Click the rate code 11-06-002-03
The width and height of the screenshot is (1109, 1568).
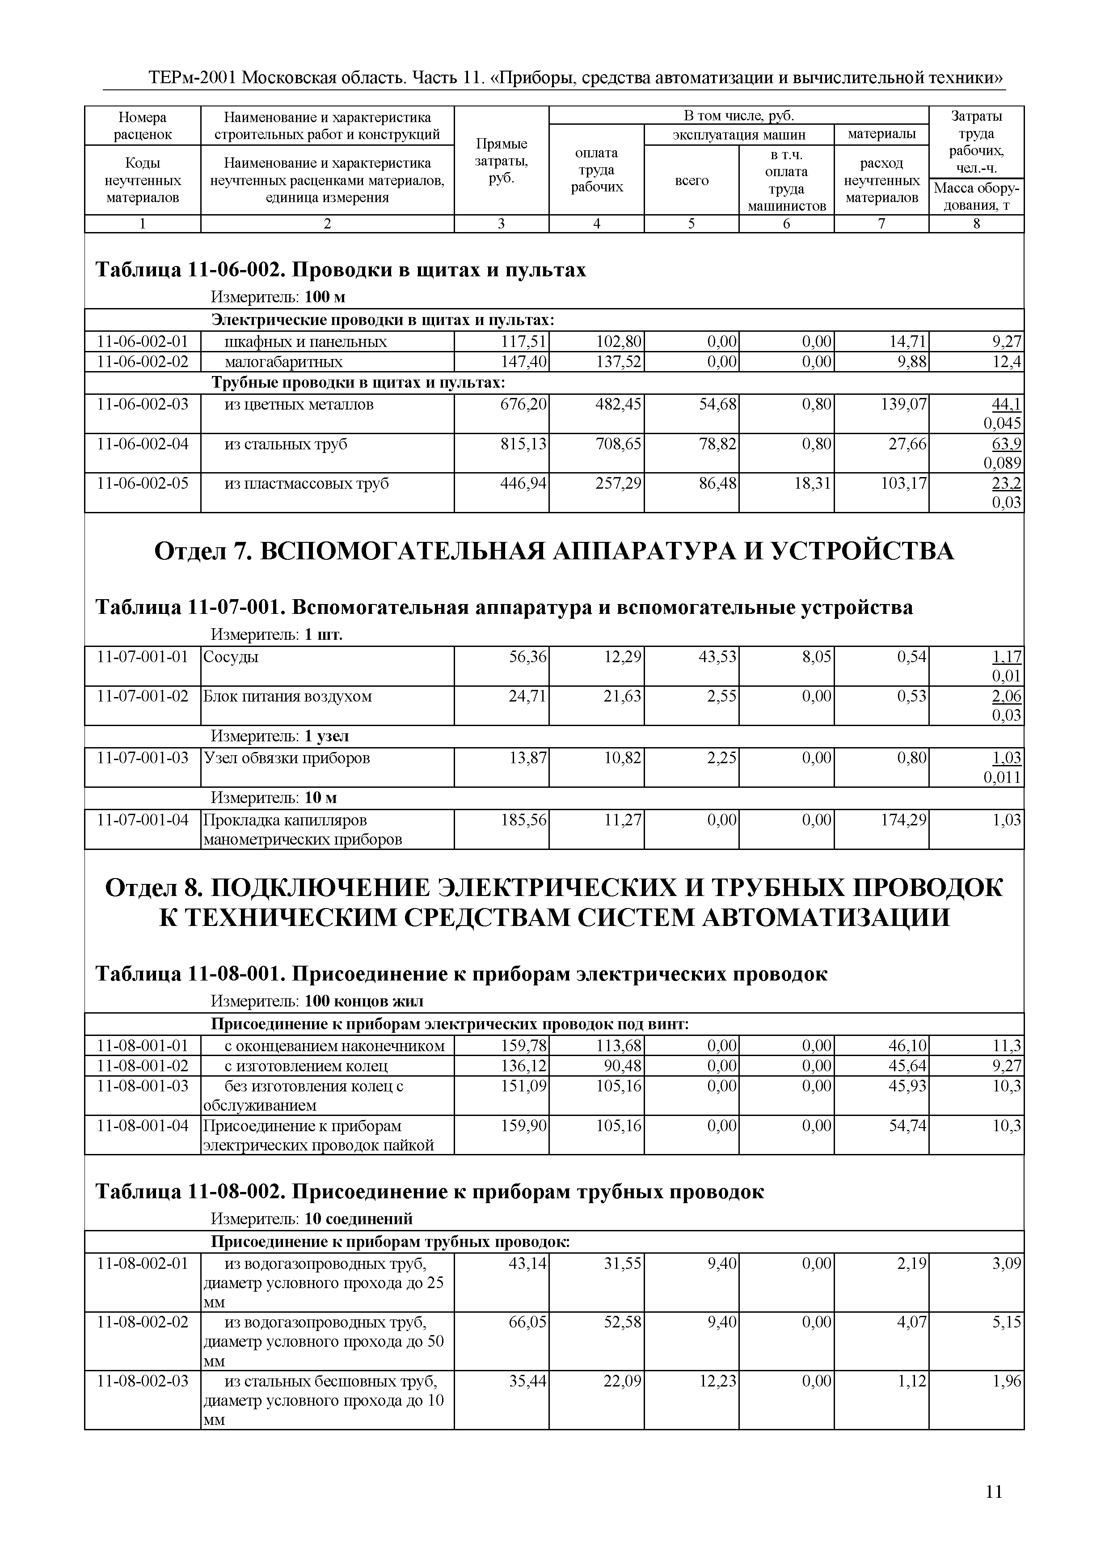click(x=143, y=404)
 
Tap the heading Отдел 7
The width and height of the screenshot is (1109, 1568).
click(x=554, y=550)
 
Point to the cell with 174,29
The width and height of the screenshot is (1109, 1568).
click(x=903, y=820)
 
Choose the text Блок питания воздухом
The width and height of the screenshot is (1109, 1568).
click(x=287, y=697)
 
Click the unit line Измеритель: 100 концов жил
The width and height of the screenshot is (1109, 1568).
click(x=317, y=1001)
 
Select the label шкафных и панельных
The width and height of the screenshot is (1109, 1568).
click(x=305, y=342)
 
